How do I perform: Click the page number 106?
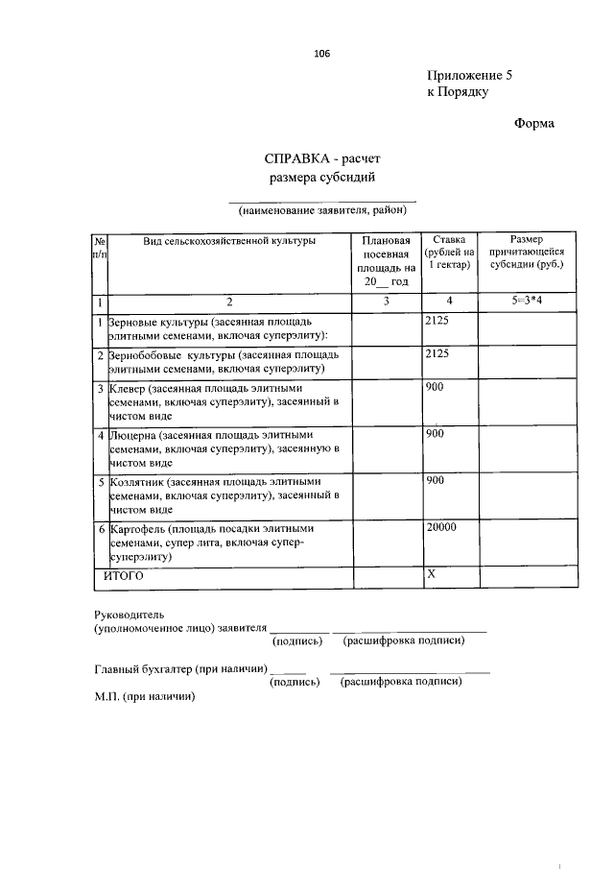pyautogui.click(x=321, y=54)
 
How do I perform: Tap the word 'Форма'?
pyautogui.click(x=534, y=123)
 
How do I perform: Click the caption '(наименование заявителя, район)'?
pyautogui.click(x=323, y=209)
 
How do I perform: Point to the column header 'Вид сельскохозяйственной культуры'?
pyautogui.click(x=229, y=241)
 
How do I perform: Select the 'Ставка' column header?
pyautogui.click(x=449, y=239)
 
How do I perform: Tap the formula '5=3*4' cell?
pyautogui.click(x=527, y=302)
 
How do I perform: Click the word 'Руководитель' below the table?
pyautogui.click(x=130, y=614)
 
